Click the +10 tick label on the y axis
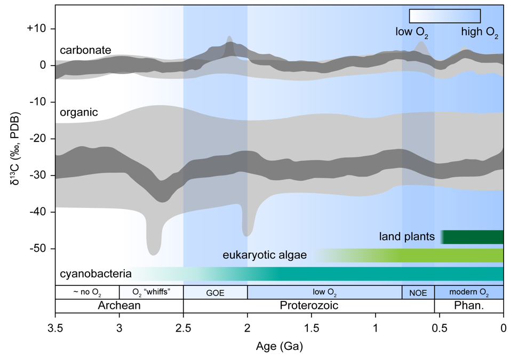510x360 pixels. (x=36, y=28)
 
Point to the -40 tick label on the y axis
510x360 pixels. (x=40, y=212)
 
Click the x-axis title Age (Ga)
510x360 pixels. (x=280, y=347)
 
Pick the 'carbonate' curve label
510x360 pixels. (x=85, y=50)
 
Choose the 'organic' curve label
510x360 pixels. (x=78, y=113)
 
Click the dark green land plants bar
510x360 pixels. (x=473, y=237)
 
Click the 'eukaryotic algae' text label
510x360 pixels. (x=265, y=255)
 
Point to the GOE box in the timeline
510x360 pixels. (x=215, y=292)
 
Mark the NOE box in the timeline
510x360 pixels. (x=418, y=292)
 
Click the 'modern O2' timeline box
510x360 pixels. (x=469, y=292)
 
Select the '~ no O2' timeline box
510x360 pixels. (x=87, y=292)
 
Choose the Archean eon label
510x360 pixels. (x=119, y=306)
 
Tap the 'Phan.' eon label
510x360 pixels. (x=468, y=306)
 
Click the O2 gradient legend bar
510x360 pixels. (x=444, y=16)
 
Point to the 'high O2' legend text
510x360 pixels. (x=480, y=31)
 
